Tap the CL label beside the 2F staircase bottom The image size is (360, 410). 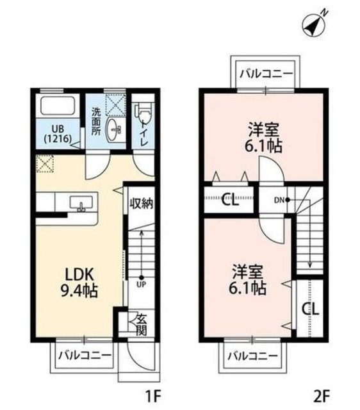tap(311, 309)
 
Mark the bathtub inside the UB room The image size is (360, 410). tap(57, 106)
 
